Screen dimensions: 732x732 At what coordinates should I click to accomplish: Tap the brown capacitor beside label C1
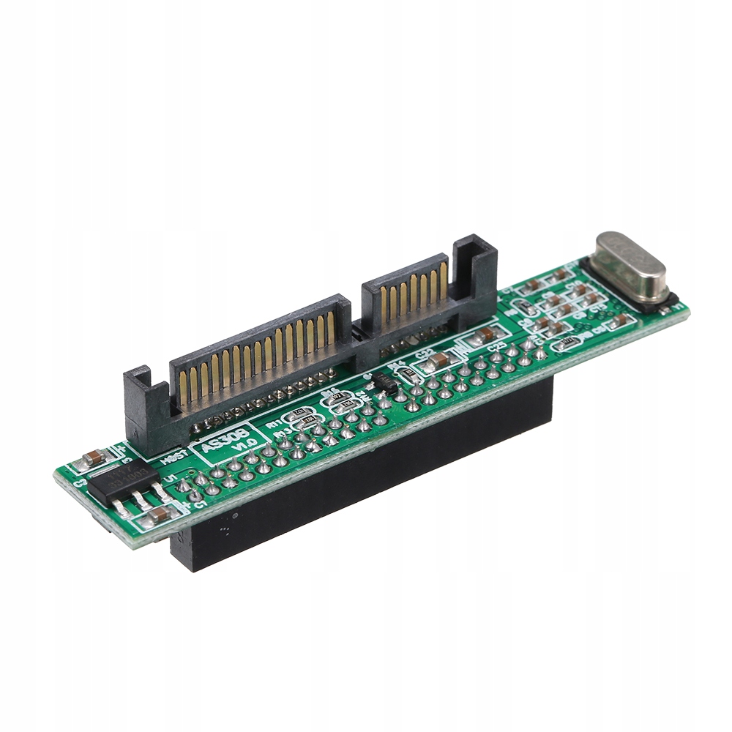[x=157, y=515]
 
